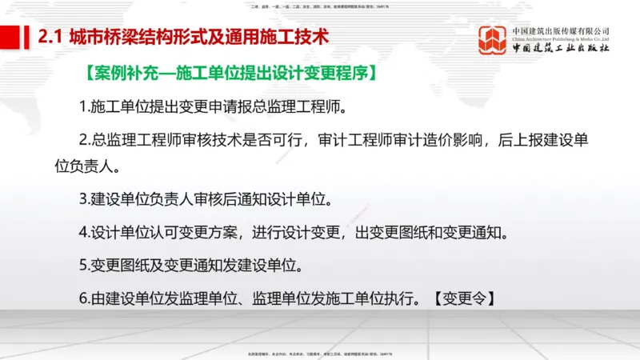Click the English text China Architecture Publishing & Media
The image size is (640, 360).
pyautogui.click(x=561, y=38)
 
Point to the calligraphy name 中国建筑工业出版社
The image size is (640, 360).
pyautogui.click(x=561, y=49)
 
